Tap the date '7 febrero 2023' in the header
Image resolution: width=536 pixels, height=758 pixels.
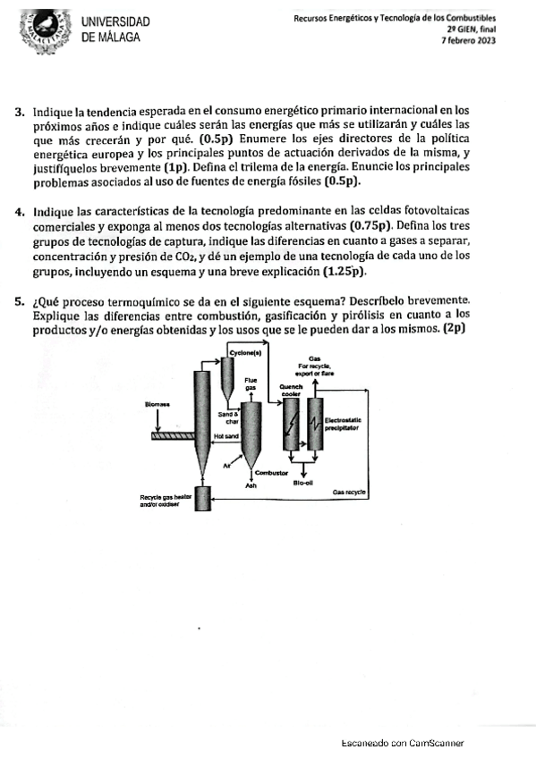(469, 40)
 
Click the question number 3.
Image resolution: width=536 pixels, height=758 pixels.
(20, 112)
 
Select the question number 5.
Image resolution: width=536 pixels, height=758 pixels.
(20, 302)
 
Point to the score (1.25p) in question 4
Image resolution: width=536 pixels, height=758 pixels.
(345, 271)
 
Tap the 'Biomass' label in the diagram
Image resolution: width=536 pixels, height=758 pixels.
(157, 404)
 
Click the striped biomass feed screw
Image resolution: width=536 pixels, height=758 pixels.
(173, 435)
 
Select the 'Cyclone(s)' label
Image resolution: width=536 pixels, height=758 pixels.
(246, 353)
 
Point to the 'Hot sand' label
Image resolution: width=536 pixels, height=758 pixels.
(226, 436)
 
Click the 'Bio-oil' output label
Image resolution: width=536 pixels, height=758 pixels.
(303, 482)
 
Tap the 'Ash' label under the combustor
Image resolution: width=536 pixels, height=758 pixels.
(251, 485)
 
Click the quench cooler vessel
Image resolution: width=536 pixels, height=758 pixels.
(291, 425)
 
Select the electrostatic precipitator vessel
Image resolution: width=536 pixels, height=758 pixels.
(315, 425)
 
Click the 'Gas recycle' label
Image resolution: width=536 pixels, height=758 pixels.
(349, 492)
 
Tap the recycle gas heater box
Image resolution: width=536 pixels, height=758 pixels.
(203, 499)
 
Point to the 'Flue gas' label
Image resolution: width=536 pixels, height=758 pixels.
(251, 383)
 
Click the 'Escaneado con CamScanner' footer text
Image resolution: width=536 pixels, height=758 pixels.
(403, 743)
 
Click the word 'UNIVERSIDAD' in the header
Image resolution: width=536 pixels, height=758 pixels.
(115, 21)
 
